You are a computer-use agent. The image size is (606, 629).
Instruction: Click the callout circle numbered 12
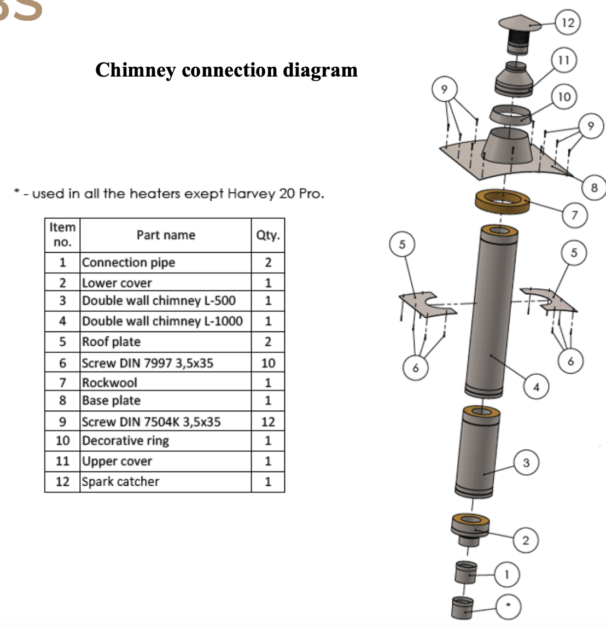pos(568,22)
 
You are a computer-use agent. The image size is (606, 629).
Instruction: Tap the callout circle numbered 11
pos(564,60)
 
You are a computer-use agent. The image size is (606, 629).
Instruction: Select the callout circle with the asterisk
pos(509,605)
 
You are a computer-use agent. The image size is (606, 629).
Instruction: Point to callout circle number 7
pos(574,215)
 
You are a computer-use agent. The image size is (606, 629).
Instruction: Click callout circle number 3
pos(526,463)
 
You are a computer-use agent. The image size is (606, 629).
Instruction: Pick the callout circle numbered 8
pos(595,188)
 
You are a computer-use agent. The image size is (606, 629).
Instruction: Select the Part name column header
pos(166,235)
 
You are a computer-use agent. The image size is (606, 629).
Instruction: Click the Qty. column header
pos(268,235)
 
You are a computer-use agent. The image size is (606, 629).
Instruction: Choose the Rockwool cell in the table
pos(109,382)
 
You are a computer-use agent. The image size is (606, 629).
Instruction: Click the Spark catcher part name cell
pos(120,482)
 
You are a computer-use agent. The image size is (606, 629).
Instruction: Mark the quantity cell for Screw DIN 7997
pos(268,363)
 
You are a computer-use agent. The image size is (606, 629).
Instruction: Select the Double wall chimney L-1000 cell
pos(162,321)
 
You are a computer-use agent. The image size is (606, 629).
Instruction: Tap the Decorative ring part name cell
pos(125,440)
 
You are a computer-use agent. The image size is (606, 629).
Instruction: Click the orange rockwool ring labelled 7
pos(503,201)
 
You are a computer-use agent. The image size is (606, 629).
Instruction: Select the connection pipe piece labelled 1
pos(465,573)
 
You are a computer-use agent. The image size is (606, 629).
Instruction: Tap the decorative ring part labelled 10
pos(509,115)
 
